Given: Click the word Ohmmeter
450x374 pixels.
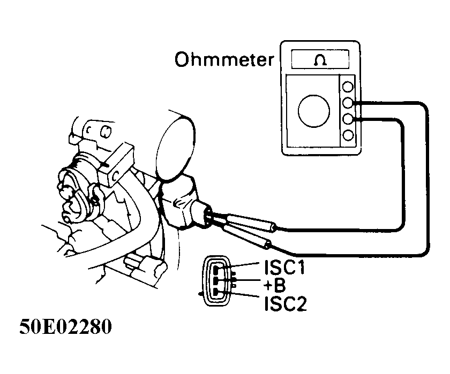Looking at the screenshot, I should point(223,60).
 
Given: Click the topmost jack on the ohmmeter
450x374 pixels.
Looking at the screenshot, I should point(348,87).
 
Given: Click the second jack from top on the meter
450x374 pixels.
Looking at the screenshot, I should point(348,103).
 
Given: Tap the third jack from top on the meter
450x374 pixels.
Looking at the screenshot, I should point(348,119).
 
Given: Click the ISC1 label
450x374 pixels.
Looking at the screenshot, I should point(284,266).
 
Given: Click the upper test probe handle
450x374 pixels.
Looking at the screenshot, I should point(252,223).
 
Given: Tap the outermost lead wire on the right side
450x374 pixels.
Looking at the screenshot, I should point(427,177).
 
